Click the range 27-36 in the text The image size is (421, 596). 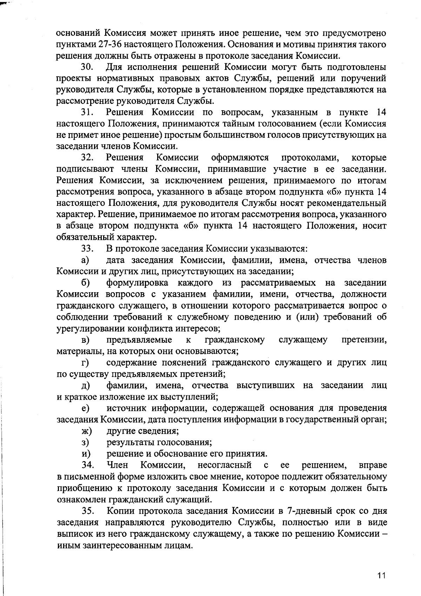click(99, 45)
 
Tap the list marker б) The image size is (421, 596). click(85, 283)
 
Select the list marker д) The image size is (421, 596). click(86, 386)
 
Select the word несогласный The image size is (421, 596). click(225, 465)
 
